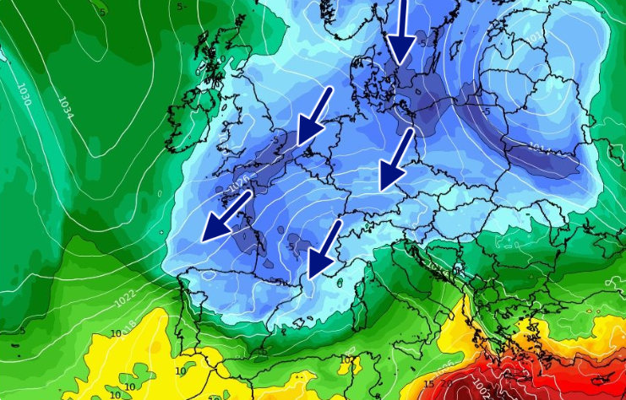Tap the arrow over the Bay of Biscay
click(x=226, y=215)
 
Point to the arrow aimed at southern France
click(x=324, y=248)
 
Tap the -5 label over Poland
click(x=487, y=111)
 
